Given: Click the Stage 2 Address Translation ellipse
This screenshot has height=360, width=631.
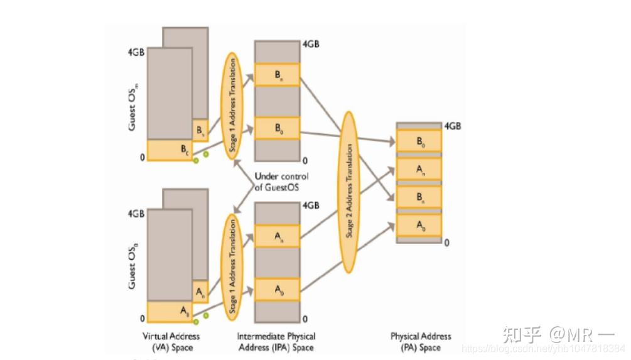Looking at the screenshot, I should pos(350,191).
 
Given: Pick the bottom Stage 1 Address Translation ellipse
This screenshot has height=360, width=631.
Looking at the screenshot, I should pos(233,266).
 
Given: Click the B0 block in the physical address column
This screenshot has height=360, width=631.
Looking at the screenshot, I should pos(419,141).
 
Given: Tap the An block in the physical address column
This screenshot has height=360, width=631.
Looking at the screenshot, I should pos(419,169).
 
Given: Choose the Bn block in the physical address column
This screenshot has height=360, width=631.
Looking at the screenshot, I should pos(419,197).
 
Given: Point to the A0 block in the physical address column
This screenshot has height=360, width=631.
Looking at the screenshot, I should pos(419,226).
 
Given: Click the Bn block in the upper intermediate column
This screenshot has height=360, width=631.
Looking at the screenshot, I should pos(277,74).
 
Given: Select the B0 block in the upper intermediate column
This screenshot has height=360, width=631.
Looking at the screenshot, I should pos(277,128).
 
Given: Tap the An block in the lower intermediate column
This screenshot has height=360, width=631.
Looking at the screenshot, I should pos(277,236).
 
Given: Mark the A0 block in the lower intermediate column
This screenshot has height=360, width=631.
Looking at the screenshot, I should pos(277,289).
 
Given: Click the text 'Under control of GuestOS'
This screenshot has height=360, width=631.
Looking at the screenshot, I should pos(281,182).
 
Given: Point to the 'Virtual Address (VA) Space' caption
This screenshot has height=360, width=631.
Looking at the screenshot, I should pos(171,342).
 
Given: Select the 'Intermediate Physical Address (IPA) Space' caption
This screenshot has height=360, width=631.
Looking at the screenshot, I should pos(277,342).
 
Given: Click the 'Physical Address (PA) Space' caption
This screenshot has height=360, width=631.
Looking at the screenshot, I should pos(420,342).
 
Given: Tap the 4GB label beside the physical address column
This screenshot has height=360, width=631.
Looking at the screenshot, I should pos(453,126).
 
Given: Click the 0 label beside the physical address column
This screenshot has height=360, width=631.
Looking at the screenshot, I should pos(446,242).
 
